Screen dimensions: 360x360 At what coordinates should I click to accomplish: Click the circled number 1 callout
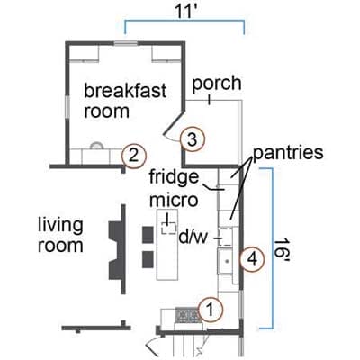point(211,310)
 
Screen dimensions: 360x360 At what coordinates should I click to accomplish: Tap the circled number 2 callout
point(133,156)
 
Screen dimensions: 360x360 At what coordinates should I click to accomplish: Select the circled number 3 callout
point(193,139)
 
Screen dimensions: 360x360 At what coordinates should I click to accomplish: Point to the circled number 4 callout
point(252,259)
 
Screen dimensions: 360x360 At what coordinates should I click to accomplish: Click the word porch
point(217,85)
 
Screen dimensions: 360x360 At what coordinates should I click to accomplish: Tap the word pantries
point(288,152)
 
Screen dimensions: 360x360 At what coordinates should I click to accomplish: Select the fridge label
point(174,177)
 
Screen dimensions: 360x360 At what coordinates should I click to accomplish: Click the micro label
point(174,200)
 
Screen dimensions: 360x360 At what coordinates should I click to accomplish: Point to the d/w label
point(193,238)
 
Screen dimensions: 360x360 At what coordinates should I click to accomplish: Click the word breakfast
point(125,90)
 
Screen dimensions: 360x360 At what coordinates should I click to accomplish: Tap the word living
point(60,225)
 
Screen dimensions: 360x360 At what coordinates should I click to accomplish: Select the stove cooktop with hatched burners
point(188,315)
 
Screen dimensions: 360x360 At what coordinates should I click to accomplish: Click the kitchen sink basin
point(227,261)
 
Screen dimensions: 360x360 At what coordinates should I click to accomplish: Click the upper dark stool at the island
point(148,235)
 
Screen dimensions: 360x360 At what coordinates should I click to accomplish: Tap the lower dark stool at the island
point(148,259)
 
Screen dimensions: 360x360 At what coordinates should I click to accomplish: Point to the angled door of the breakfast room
point(174,123)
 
